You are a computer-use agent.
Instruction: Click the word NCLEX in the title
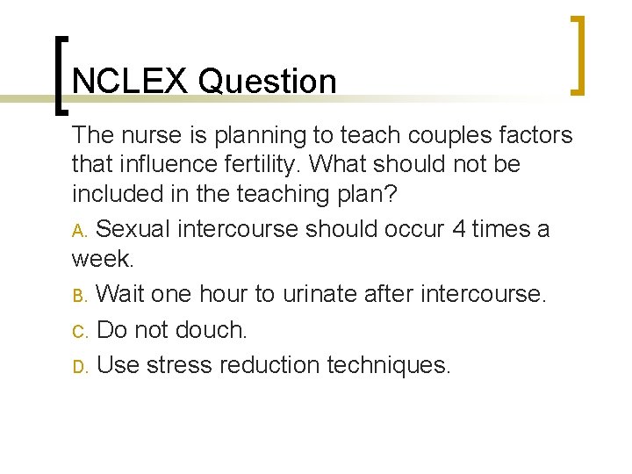tap(131, 82)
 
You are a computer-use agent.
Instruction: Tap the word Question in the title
tap(268, 82)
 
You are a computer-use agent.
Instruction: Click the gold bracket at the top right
tap(576, 54)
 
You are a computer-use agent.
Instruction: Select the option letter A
tap(80, 231)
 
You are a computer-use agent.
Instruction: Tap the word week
tap(103, 260)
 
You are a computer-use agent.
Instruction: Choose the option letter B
tap(80, 295)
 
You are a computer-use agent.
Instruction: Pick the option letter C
tap(80, 331)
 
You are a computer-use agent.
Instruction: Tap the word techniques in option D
tap(389, 365)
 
